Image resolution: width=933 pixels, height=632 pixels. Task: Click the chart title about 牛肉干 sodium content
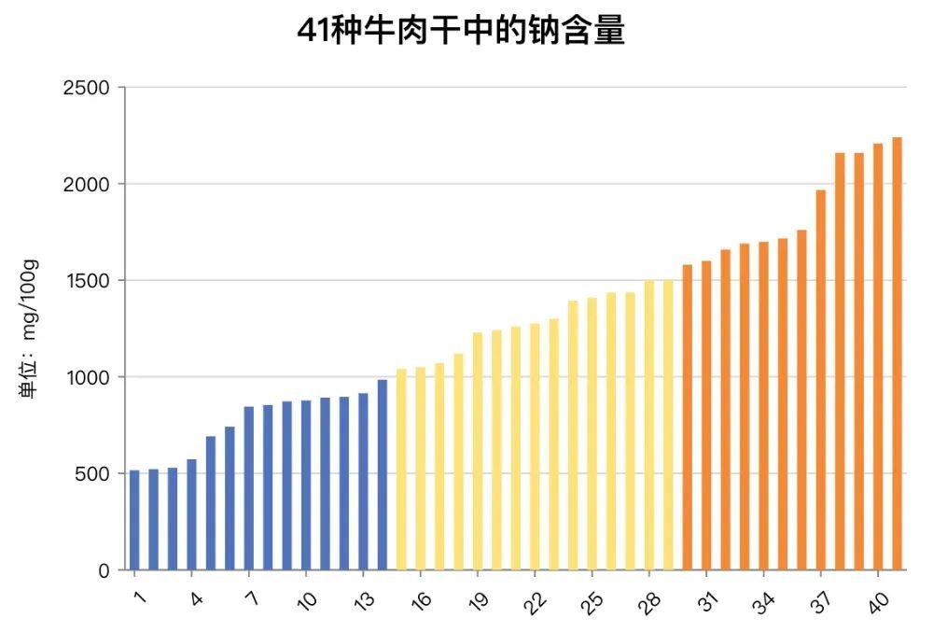[x=460, y=31]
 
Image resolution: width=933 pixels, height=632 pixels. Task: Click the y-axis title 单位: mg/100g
[x=29, y=330]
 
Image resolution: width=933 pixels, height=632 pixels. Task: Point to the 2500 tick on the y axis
[x=86, y=88]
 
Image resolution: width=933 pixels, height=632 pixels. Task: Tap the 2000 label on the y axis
[x=86, y=184]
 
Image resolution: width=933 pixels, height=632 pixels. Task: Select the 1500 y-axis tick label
[x=86, y=281]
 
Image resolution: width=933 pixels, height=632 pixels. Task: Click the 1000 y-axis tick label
[x=86, y=377]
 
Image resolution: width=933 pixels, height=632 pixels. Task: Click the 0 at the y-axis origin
[x=104, y=570]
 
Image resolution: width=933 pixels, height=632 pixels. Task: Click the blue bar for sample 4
[x=191, y=514]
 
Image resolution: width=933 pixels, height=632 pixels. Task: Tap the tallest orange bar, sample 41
[x=898, y=354]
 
